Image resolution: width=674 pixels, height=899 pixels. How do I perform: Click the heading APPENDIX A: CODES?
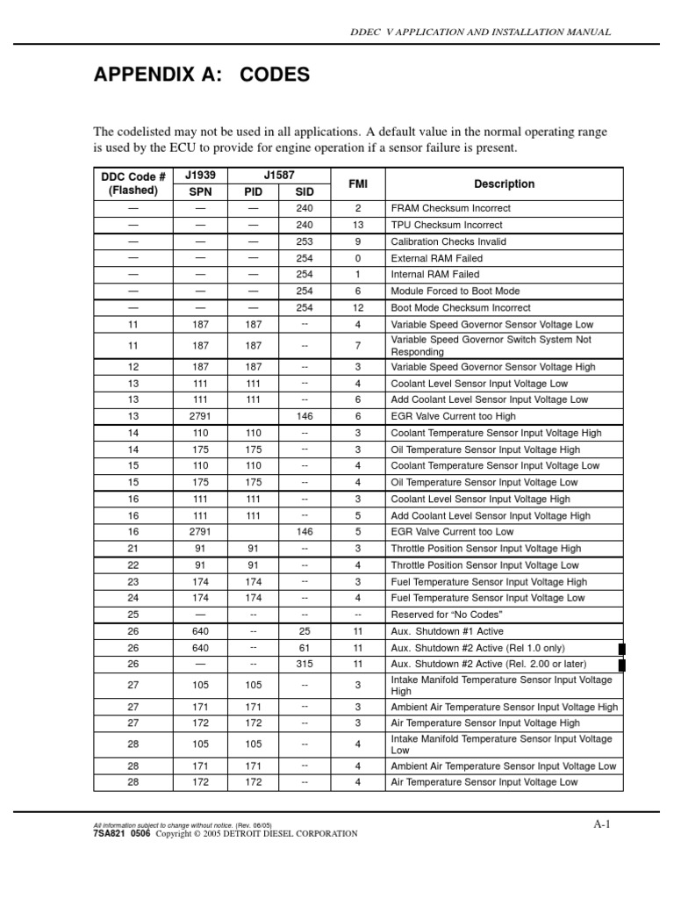coord(201,76)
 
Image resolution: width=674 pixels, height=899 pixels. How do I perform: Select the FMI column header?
coord(357,183)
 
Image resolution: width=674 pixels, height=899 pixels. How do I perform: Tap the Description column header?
coord(504,183)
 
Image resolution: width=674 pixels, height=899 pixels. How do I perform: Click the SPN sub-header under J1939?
coord(200,191)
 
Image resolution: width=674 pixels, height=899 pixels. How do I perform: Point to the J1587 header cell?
coord(279,176)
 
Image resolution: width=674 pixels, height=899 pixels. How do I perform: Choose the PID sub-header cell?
coord(253,191)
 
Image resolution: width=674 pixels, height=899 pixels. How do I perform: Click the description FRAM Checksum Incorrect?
coord(450,209)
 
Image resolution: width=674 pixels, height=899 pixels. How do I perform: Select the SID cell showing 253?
coord(305,241)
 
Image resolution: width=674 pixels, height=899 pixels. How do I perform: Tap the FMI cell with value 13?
coord(357,225)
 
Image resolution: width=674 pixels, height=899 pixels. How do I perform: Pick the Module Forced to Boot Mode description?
coord(455,291)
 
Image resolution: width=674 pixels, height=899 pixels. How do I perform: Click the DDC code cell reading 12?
coord(133,366)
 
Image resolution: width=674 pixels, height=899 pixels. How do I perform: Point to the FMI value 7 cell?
coord(357,345)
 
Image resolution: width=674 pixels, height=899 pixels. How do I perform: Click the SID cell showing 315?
coord(305,664)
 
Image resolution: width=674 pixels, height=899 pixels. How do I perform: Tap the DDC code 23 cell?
coord(133,581)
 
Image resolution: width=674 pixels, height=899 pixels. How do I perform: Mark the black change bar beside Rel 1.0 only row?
coord(622,648)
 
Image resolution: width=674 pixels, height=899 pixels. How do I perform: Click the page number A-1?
coord(601,824)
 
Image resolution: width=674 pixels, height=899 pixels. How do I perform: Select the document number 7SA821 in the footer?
coord(109,834)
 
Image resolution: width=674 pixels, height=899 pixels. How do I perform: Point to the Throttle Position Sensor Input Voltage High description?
coord(485,548)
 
